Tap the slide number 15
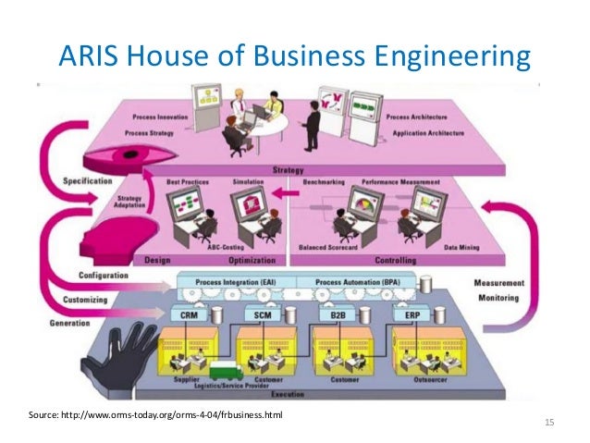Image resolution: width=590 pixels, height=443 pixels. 550,423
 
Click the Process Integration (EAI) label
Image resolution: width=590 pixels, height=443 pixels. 239,281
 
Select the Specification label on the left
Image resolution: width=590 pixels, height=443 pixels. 88,180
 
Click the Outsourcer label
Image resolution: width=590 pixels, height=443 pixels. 432,379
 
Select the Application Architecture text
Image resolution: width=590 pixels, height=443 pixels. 423,133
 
